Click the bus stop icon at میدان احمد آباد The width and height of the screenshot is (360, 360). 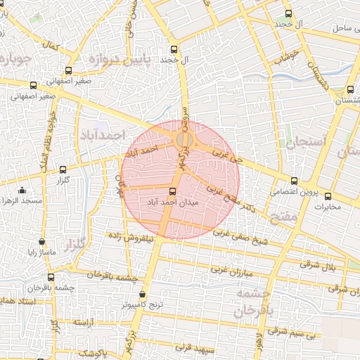[173, 191]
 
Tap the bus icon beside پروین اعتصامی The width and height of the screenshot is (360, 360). [294, 179]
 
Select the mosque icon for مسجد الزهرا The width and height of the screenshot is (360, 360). [22, 190]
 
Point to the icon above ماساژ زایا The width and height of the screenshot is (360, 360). [42, 241]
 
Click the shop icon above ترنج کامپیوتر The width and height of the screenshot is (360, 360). [143, 294]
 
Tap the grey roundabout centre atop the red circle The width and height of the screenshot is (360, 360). [184, 140]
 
